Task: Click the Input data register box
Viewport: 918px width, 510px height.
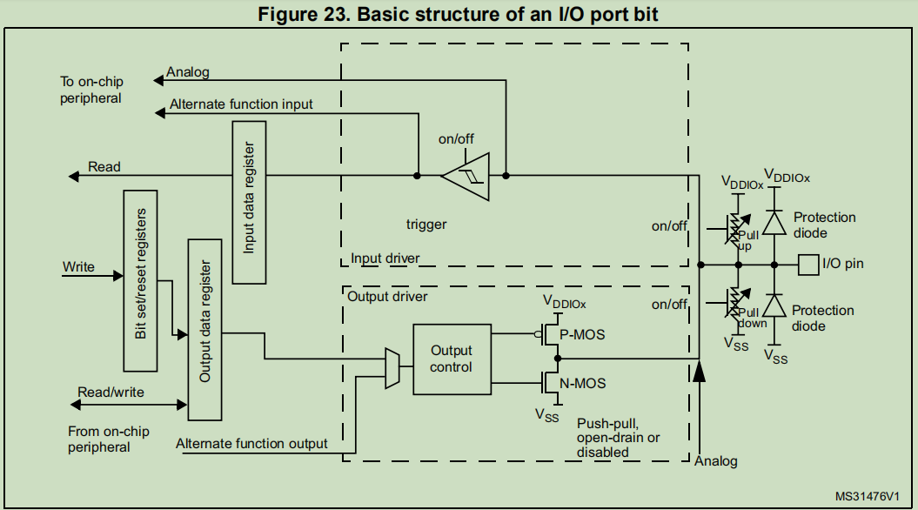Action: [x=249, y=202]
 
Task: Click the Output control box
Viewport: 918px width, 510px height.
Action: [x=452, y=358]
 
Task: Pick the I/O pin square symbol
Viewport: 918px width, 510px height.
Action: [x=807, y=263]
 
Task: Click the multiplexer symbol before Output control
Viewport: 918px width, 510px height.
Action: [x=391, y=367]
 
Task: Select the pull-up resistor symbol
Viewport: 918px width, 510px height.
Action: [x=737, y=229]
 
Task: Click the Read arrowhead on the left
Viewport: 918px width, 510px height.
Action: [x=74, y=176]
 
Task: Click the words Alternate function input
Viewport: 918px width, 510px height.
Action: [x=241, y=104]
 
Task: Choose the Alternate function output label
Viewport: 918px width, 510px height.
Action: [x=251, y=444]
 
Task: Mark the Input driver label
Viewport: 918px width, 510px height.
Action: [x=385, y=258]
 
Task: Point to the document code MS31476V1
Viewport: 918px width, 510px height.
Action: [x=868, y=495]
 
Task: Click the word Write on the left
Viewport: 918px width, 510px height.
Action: [x=78, y=266]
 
